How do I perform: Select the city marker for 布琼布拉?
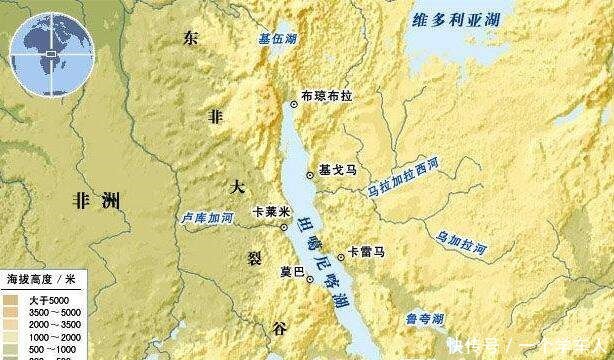click(x=293, y=102)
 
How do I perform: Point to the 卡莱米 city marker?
click(x=287, y=225)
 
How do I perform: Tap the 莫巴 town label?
click(x=291, y=269)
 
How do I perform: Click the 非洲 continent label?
click(x=97, y=201)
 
